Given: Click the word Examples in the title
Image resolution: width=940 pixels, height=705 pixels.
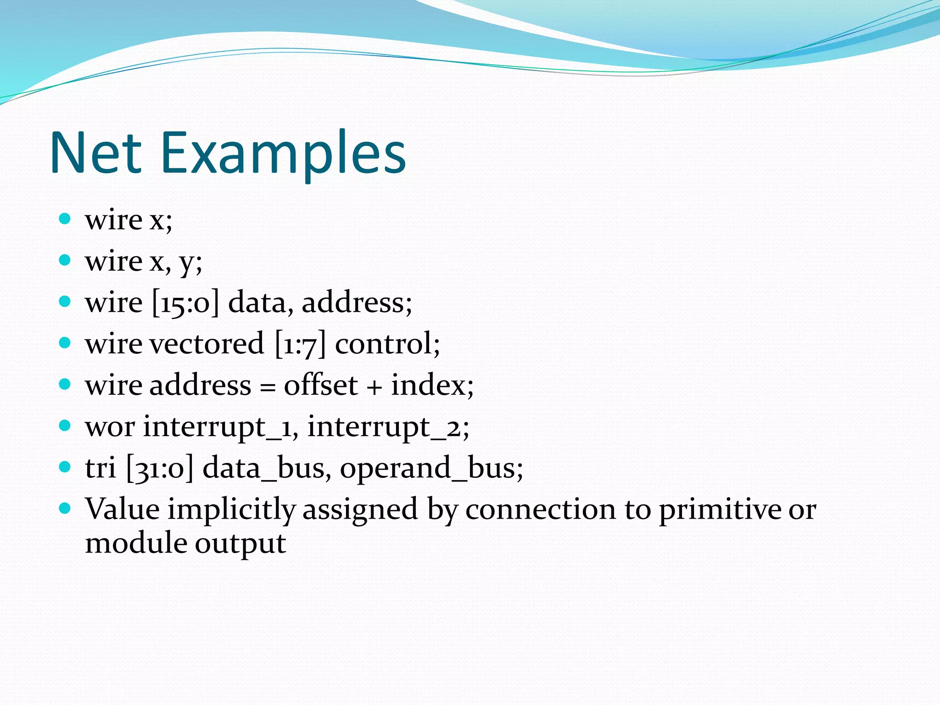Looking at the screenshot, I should tap(283, 154).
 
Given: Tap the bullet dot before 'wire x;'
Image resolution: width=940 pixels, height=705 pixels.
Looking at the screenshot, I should tap(65, 219).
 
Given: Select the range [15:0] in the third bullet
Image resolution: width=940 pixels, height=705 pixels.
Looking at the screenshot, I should tap(185, 303).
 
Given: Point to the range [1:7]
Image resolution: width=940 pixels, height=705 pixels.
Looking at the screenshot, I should tap(300, 344).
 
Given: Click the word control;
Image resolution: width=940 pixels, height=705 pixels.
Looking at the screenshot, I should tap(387, 344).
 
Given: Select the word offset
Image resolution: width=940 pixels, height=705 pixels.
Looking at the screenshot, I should tap(320, 385).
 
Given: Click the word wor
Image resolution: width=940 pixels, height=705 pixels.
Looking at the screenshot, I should tap(110, 427).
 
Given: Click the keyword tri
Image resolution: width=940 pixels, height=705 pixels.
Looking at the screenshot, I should tap(100, 468).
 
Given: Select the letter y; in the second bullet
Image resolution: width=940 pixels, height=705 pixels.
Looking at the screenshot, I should tap(191, 263).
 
